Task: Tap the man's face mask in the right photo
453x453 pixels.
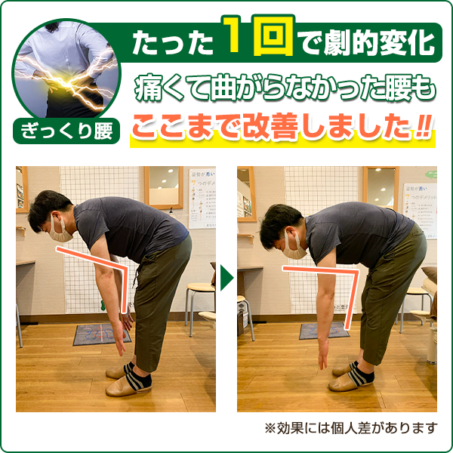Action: pos(296,245)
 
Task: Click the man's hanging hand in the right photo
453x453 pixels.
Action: pos(322,355)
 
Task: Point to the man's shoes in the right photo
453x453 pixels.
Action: pos(352,376)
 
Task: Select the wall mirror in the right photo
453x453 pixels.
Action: pos(381,187)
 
